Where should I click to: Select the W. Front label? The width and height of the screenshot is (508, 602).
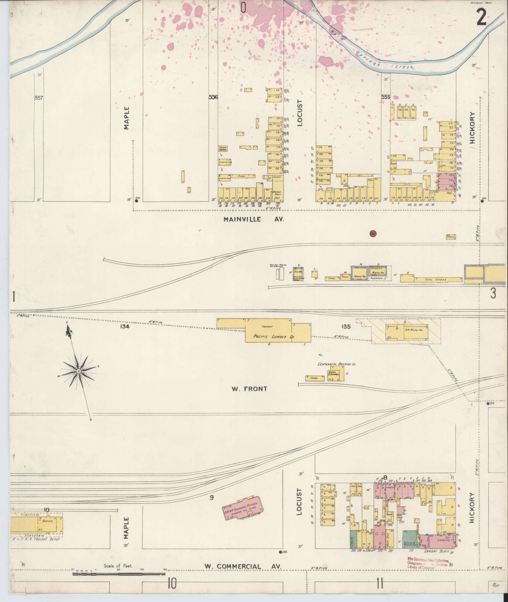[x=249, y=389]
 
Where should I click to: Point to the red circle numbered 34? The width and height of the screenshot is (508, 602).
[x=373, y=234]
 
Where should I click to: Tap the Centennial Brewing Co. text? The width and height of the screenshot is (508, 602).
[x=337, y=364]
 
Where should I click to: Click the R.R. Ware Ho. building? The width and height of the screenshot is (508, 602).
[x=413, y=330]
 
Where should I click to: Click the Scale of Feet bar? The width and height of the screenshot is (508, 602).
[x=119, y=574]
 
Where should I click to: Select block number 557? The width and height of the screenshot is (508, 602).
[x=39, y=98]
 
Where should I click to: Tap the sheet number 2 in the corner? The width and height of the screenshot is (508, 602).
[x=481, y=19]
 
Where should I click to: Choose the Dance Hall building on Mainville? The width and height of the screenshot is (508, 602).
[x=277, y=194]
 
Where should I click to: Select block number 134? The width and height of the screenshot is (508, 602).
[x=125, y=327]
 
